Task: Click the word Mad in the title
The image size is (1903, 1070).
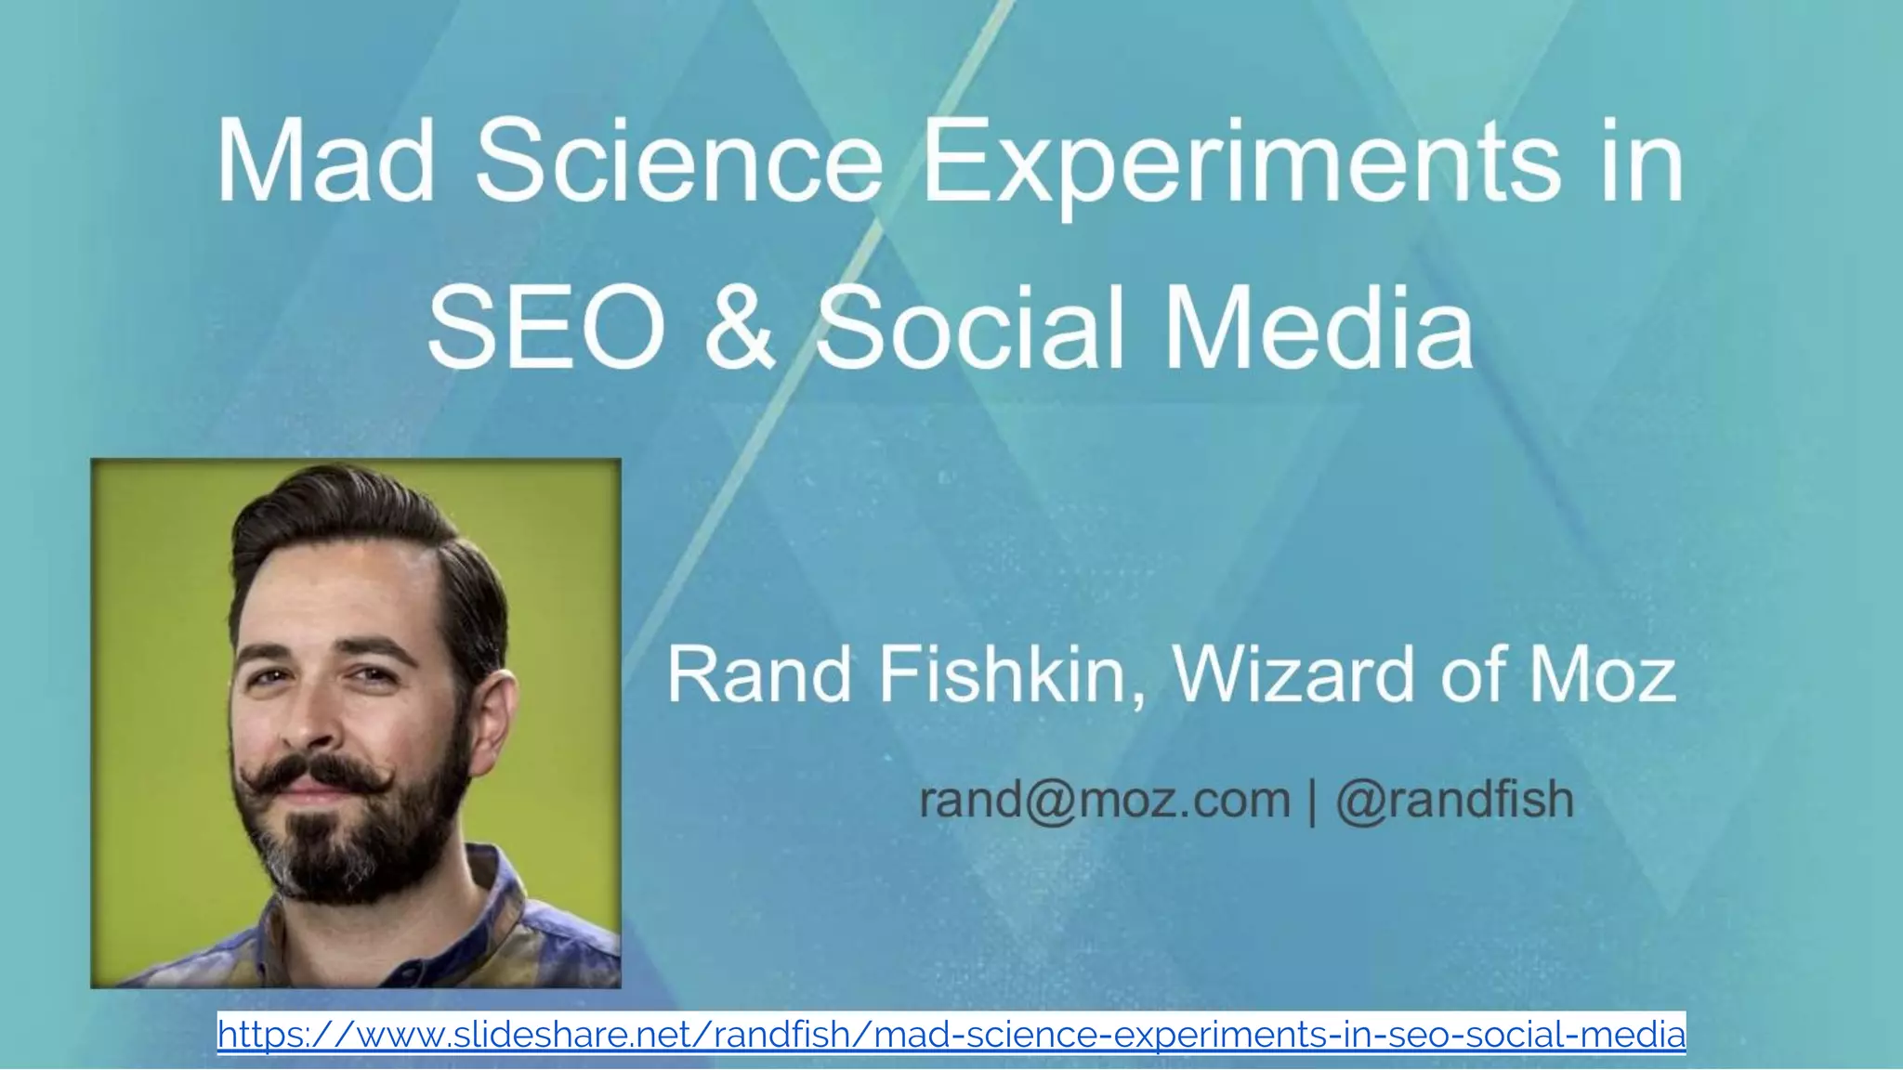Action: click(x=325, y=160)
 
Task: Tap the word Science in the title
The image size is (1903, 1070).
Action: click(x=679, y=160)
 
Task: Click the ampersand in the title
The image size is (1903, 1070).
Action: click(x=740, y=327)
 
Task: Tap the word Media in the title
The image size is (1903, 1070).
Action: click(x=1319, y=327)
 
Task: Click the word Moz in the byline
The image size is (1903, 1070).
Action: click(x=1603, y=675)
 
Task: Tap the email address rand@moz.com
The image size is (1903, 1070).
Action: click(x=1105, y=800)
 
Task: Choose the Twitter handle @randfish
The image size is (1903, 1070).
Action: click(x=1455, y=800)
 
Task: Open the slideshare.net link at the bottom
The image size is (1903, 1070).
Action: click(x=951, y=1033)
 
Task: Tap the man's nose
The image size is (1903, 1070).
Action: click(x=311, y=720)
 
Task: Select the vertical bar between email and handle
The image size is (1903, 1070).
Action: click(x=1313, y=802)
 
